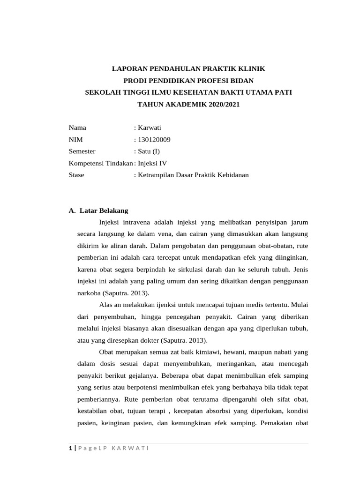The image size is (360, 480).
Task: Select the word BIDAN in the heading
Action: point(240,81)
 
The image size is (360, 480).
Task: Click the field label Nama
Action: point(77,127)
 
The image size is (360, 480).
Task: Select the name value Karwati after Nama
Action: point(149,127)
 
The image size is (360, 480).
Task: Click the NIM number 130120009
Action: point(154,139)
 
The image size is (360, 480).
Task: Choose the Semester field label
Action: point(82,151)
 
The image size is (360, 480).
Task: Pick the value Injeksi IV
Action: point(151,163)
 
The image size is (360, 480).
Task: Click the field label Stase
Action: point(76,175)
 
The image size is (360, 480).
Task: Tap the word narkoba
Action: point(88,293)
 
